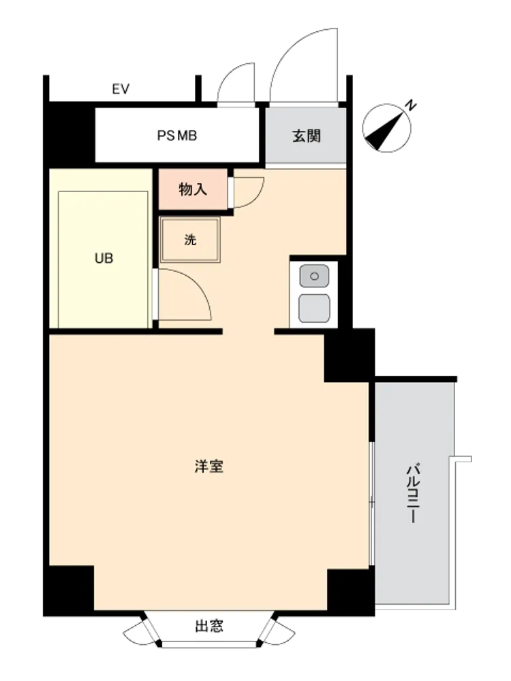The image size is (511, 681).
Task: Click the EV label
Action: (121, 89)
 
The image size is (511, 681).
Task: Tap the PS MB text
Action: (177, 136)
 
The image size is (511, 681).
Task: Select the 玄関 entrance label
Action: (307, 136)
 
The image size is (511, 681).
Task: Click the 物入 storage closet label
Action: (193, 189)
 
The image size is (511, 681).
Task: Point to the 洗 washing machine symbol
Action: (190, 240)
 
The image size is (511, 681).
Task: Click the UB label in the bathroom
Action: (104, 258)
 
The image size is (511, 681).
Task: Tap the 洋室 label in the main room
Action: (209, 466)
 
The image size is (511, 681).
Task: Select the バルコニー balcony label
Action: (414, 493)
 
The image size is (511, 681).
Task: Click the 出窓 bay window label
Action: (209, 626)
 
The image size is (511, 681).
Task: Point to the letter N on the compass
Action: (410, 105)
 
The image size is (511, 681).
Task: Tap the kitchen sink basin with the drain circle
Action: (314, 276)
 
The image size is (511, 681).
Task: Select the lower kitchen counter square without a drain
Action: (314, 308)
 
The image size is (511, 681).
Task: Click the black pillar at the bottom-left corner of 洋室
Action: (69, 590)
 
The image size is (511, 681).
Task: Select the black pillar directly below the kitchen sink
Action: (350, 355)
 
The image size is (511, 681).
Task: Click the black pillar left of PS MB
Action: (69, 133)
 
